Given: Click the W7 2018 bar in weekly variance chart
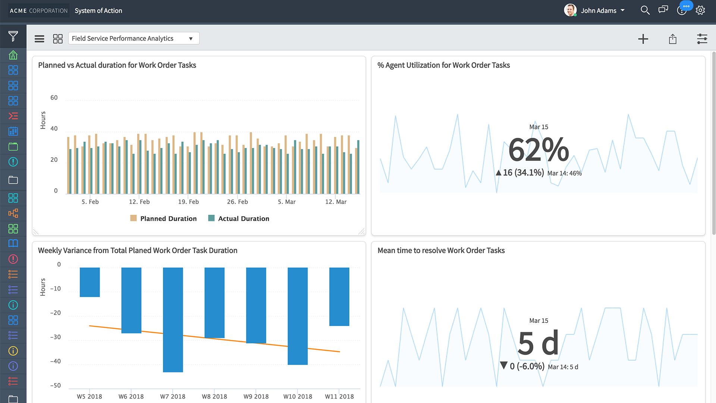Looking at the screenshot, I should coord(173,319).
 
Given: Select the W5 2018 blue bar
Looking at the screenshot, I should coord(89,282).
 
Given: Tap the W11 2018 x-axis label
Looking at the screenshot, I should coord(339,396).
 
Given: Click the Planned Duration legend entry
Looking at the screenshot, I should coord(163,218).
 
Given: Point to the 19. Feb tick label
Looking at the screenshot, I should coord(188,202).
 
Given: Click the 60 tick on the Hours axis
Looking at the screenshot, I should coord(54,98).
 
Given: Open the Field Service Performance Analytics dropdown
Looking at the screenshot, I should coord(134,38).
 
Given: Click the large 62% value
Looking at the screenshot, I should coord(538,150).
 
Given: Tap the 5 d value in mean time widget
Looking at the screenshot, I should coord(538,343).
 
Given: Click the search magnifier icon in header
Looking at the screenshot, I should coord(645,10).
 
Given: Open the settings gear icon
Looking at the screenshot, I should coord(700,10).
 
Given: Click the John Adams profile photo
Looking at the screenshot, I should coord(570,10).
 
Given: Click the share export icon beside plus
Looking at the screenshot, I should coord(672,39).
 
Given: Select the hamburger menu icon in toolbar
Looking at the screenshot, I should coord(39,39).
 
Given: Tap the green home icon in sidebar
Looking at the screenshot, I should coord(13,55).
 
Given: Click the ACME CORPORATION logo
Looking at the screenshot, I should coord(39,11).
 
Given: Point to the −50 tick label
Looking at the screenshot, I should coord(55,385).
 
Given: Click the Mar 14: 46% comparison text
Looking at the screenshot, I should coord(564,173).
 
